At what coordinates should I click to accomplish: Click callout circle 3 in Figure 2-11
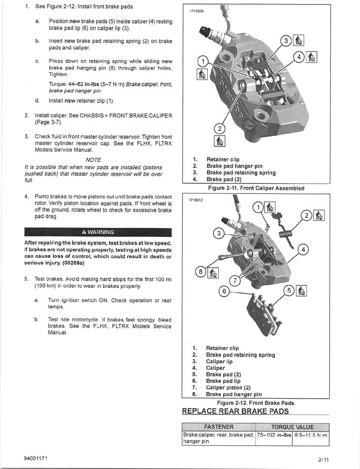coord(286,41)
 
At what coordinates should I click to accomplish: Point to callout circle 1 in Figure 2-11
coord(202,62)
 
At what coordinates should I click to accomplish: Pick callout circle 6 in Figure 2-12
coord(223,292)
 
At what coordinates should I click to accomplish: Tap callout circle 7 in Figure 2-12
coord(234,280)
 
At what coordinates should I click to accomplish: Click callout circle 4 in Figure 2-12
coord(303,249)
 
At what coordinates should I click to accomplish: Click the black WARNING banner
coord(98,232)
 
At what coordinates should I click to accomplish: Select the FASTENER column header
coord(218,427)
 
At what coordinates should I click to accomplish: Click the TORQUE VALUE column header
coord(292,427)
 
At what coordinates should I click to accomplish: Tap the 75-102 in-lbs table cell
coord(274,435)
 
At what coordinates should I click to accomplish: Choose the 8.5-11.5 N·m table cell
coord(311,435)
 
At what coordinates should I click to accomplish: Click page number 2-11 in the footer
coord(324,459)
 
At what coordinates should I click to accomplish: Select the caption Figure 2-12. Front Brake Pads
coord(255,403)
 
